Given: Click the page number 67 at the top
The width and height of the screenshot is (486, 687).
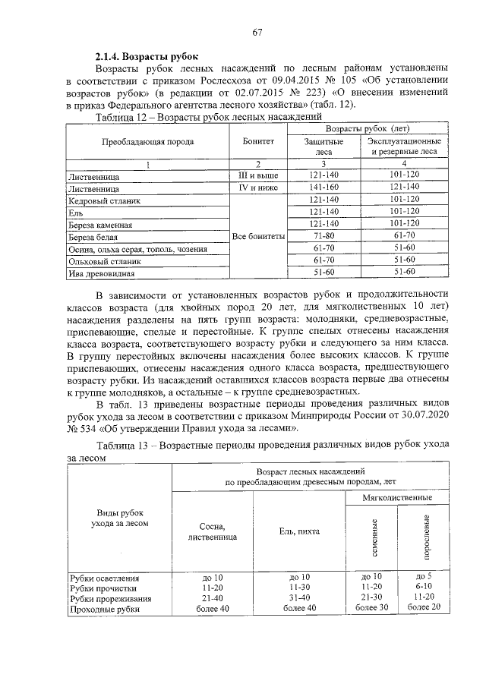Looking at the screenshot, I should point(257,32).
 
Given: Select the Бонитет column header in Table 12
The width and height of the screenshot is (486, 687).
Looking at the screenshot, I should point(258,141).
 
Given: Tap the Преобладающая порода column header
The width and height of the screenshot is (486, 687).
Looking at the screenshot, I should point(148,141).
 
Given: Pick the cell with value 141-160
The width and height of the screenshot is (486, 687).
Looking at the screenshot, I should point(323,187).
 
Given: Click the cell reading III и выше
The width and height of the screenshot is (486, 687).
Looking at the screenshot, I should point(258,175).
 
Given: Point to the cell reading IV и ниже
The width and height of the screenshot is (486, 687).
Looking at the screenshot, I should point(258,187).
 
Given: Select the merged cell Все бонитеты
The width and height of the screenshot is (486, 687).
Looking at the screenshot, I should point(258,236).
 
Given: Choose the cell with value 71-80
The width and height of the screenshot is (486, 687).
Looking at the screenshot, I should point(323,236).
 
